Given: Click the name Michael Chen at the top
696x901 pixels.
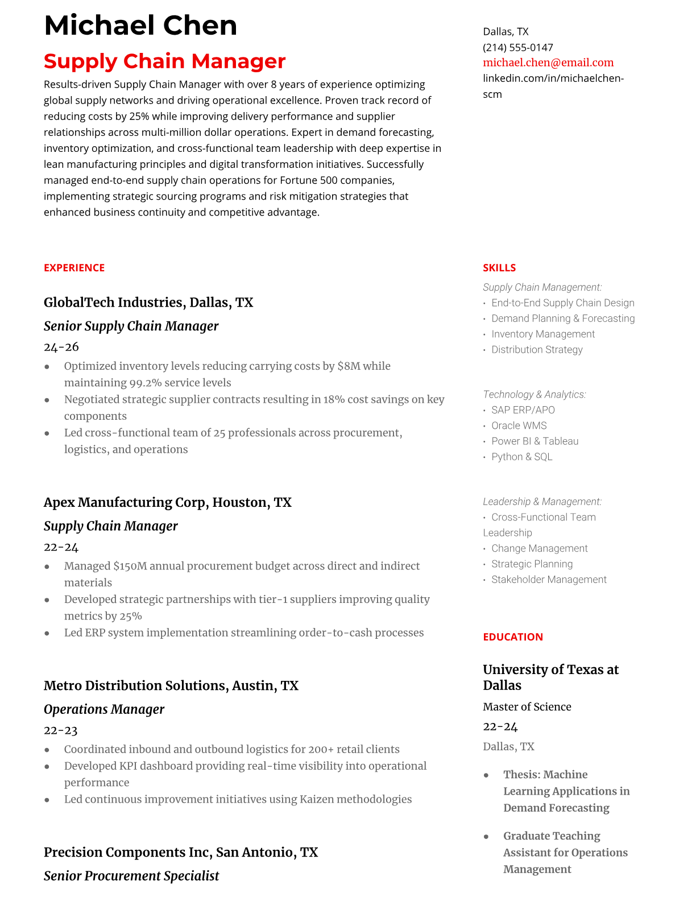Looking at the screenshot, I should (140, 26).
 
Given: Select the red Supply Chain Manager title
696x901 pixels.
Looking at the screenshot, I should (164, 61).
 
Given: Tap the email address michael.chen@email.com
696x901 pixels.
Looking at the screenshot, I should (548, 63).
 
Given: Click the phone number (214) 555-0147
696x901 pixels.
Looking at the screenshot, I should (517, 47).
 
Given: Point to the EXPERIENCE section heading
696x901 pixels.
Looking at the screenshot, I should (74, 268).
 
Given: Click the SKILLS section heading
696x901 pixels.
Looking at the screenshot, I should (499, 268).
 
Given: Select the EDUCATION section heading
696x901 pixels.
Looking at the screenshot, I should (512, 637).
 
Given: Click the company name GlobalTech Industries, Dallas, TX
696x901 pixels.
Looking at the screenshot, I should (148, 302).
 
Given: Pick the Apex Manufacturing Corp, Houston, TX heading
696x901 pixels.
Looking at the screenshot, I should (167, 502).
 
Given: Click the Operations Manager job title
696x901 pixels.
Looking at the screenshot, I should (104, 709).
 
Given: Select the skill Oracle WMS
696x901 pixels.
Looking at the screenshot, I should (519, 425).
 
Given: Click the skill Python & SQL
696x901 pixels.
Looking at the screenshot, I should (521, 457).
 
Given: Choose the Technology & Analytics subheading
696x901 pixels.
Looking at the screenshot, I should (534, 394).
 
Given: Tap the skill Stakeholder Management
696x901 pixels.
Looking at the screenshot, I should (549, 580).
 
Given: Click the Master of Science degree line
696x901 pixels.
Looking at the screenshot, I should (527, 706).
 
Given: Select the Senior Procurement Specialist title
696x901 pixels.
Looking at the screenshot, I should (131, 876).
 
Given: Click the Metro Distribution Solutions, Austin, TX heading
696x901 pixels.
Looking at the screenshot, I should (171, 685).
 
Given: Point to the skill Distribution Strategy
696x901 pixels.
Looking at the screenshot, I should (537, 350).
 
